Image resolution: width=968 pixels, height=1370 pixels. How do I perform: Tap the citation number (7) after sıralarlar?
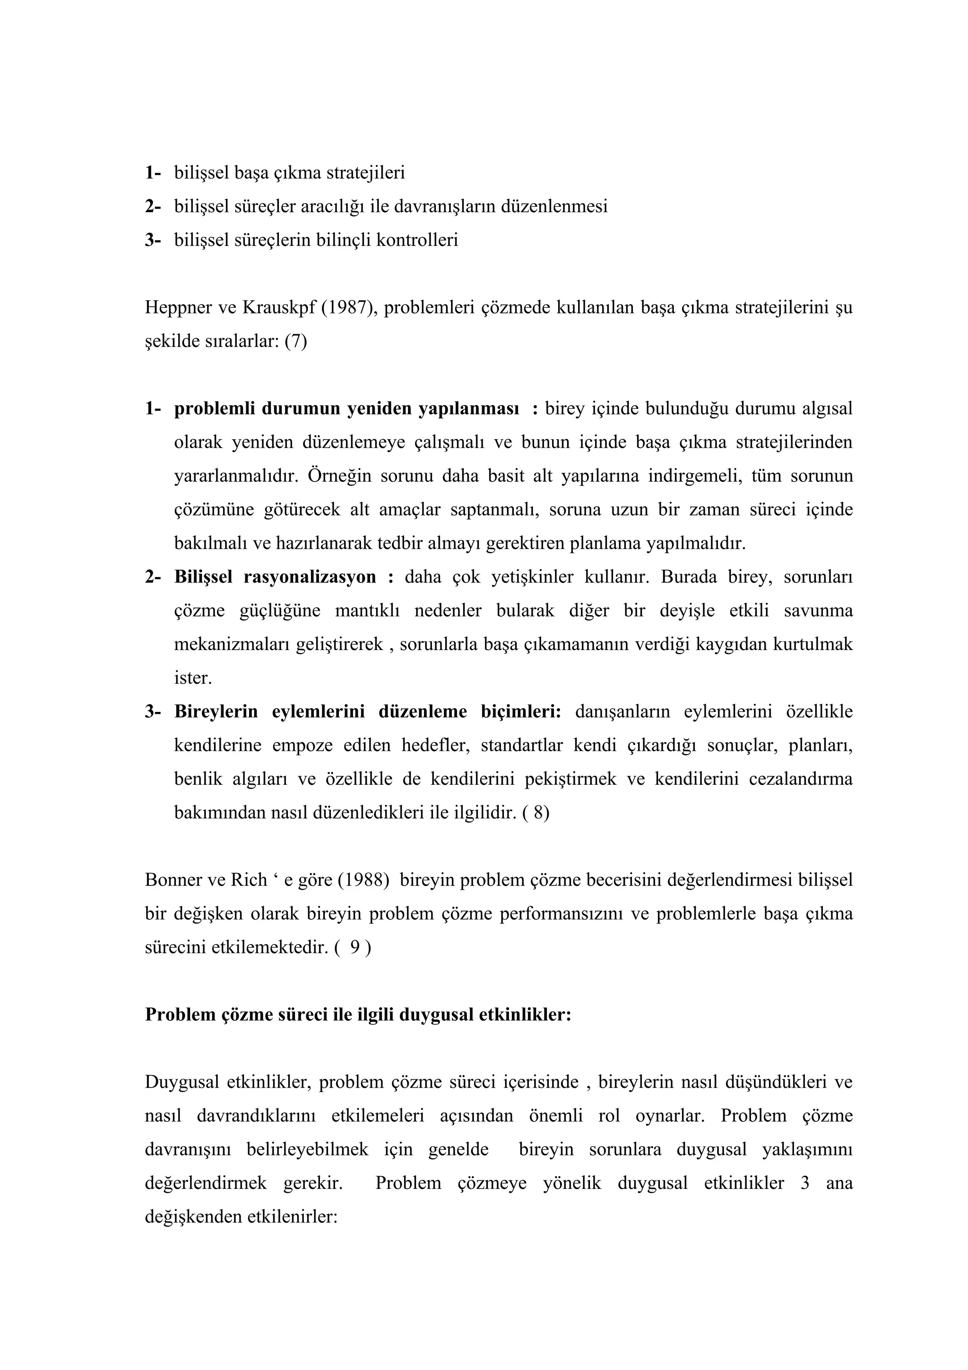[296, 342]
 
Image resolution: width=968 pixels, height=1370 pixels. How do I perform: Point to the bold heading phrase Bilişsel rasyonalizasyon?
[275, 577]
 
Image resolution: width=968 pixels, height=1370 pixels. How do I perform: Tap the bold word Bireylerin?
[216, 712]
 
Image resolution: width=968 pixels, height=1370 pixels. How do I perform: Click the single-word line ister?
[193, 678]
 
